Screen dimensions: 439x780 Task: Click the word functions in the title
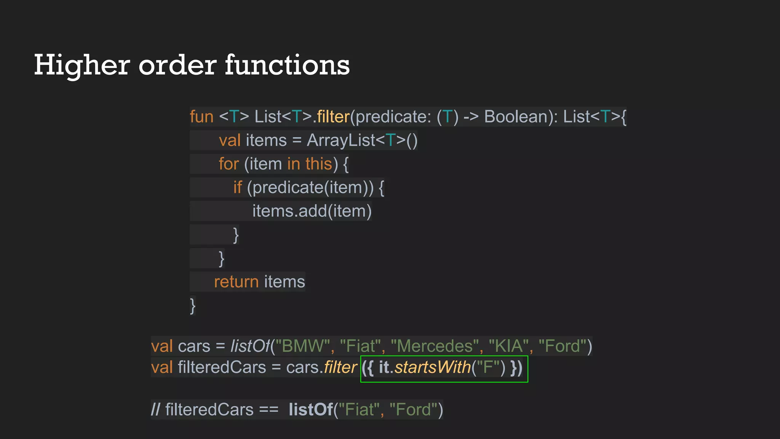tap(287, 65)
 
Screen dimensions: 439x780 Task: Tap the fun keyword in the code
tap(201, 117)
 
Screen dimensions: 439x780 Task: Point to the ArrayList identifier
tap(341, 140)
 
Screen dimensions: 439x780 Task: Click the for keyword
tap(229, 164)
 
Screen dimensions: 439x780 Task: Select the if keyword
tap(237, 187)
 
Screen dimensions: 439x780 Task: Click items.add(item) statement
tap(312, 211)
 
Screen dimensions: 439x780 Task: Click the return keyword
tap(236, 282)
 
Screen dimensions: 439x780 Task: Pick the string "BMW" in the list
tap(302, 346)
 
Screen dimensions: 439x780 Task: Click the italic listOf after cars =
tap(250, 346)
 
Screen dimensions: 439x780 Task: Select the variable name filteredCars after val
tap(222, 367)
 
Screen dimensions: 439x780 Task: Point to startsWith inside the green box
tap(433, 367)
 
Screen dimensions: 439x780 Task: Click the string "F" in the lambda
tap(488, 367)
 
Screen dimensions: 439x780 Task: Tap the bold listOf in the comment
tap(310, 410)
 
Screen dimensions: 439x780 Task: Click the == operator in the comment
tap(269, 410)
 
